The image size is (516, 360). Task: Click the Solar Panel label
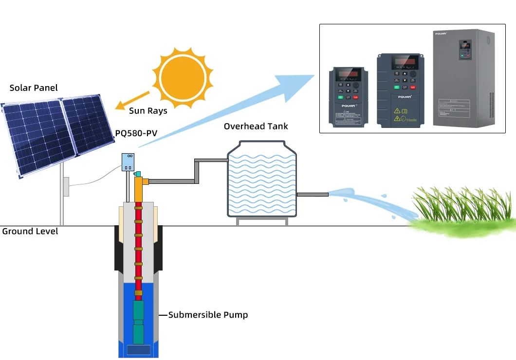pos(34,88)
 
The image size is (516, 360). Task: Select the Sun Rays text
pos(148,111)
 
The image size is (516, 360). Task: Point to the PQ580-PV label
pos(136,133)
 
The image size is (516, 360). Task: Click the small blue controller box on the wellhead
pos(128,162)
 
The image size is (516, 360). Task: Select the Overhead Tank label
pos(256,126)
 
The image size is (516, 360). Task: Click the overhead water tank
pos(262,180)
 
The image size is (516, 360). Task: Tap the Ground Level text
pos(30,232)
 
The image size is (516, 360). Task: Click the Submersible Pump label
pos(208,315)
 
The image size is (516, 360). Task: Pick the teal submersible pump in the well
pos(139,321)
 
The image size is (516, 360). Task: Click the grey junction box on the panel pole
pos(66,186)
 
